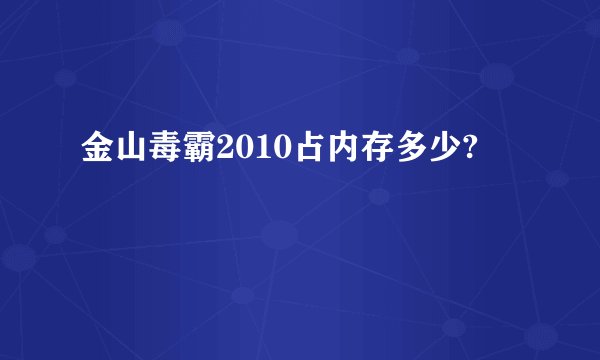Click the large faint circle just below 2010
coord(280,236)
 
